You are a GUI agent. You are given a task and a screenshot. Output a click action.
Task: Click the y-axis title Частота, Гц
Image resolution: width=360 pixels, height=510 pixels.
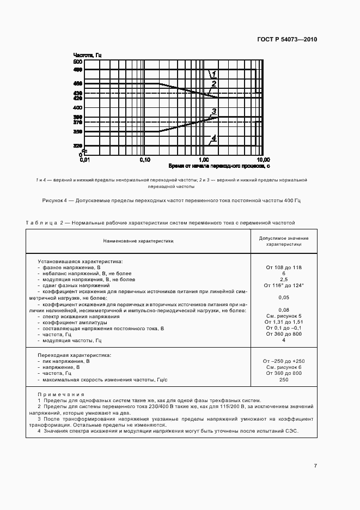coord(87,56)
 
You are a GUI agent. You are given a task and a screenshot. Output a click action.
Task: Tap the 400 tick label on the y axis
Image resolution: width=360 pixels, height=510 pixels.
coord(77,108)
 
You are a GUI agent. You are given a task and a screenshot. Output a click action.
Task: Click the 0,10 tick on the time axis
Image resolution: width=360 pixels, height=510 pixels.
coord(145,160)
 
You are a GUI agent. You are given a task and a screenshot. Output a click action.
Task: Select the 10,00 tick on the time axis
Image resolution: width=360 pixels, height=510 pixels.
coord(263,160)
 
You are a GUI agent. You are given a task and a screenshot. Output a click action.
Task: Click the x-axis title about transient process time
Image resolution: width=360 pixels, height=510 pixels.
coord(219,165)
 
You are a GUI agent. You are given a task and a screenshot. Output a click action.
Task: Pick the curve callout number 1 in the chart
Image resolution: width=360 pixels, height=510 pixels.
coord(214,74)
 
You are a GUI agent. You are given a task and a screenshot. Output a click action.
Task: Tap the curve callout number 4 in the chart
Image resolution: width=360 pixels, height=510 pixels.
coord(214,138)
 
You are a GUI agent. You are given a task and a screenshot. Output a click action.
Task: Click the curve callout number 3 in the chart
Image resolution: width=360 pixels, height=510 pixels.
coord(214,112)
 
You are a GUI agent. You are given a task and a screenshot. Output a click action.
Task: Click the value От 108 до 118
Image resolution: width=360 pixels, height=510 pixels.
coord(283,267)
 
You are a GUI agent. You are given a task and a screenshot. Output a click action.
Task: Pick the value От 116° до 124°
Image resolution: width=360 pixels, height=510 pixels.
coord(283,285)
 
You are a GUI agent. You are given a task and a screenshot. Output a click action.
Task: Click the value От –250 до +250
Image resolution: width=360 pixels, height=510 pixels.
coord(283,361)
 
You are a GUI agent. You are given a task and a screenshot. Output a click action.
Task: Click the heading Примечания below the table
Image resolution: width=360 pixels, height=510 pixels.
coord(60,394)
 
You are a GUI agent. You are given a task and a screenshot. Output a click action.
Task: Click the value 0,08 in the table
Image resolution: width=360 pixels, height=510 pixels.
coord(283,310)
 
